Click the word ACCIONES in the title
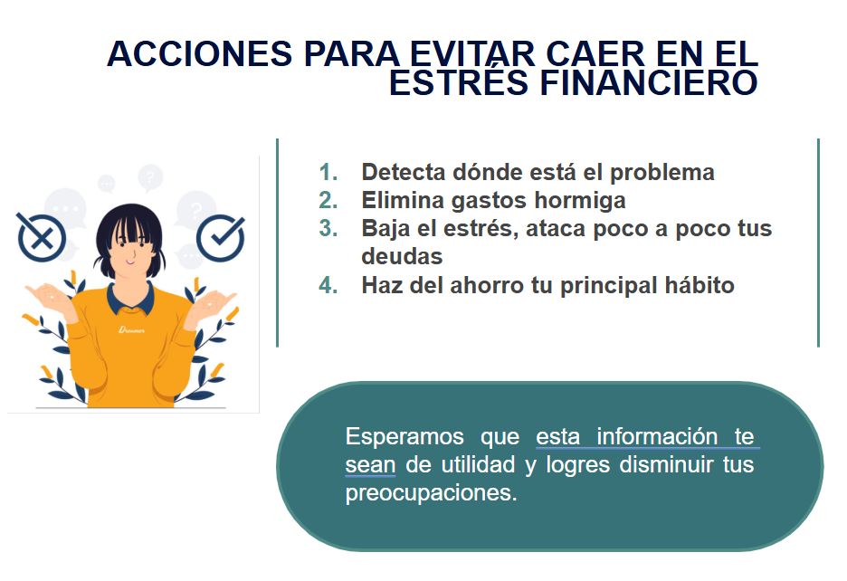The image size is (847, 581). (200, 54)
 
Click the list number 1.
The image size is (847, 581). (328, 173)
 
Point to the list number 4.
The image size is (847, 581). (328, 285)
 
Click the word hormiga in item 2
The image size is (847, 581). (580, 201)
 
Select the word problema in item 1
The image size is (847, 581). (662, 173)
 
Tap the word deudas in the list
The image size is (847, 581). (402, 257)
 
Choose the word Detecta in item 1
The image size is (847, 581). (403, 173)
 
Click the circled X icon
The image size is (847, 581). (41, 237)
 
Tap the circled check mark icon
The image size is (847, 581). (221, 238)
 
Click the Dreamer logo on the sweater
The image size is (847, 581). (132, 329)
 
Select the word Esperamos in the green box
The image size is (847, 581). (404, 437)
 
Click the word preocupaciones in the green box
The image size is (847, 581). (431, 493)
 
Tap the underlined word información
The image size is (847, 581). (657, 437)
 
